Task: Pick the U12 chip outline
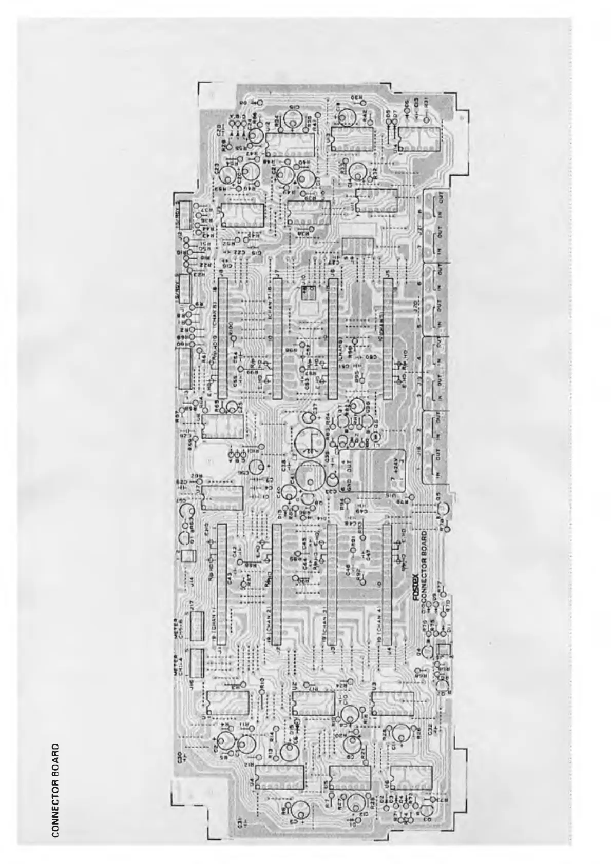click(288, 138)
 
